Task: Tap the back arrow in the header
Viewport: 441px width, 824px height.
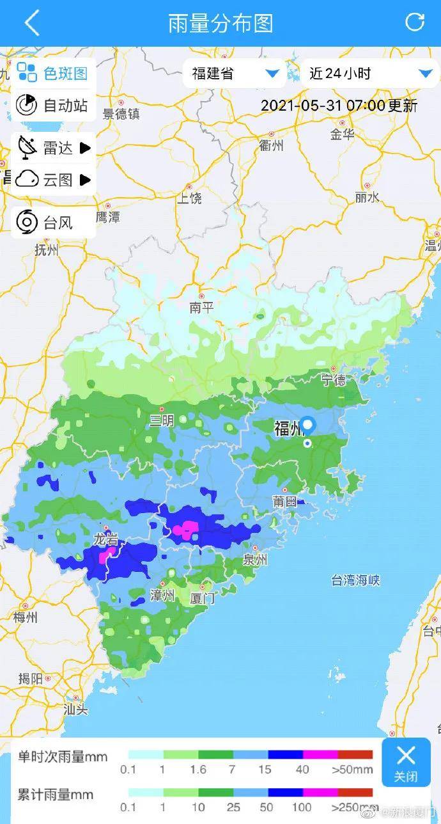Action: click(31, 23)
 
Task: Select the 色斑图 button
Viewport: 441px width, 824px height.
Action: click(53, 73)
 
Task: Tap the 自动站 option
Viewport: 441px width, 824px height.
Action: click(53, 105)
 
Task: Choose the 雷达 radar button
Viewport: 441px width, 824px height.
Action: click(53, 148)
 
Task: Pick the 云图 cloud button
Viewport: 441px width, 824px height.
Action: click(53, 180)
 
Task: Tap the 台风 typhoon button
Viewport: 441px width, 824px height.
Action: click(53, 223)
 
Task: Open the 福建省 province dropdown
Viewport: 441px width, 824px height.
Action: click(235, 74)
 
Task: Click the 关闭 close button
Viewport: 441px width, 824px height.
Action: click(406, 762)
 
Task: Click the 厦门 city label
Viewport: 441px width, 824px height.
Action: click(203, 599)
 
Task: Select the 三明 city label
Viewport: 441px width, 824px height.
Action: click(162, 420)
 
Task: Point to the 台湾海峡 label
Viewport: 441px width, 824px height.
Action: click(355, 580)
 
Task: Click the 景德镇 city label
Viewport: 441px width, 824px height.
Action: click(121, 114)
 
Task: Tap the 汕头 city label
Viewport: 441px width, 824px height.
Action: click(75, 709)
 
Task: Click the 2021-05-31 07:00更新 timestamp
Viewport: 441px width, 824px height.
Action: click(339, 106)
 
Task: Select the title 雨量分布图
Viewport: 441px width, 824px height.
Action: click(220, 23)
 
